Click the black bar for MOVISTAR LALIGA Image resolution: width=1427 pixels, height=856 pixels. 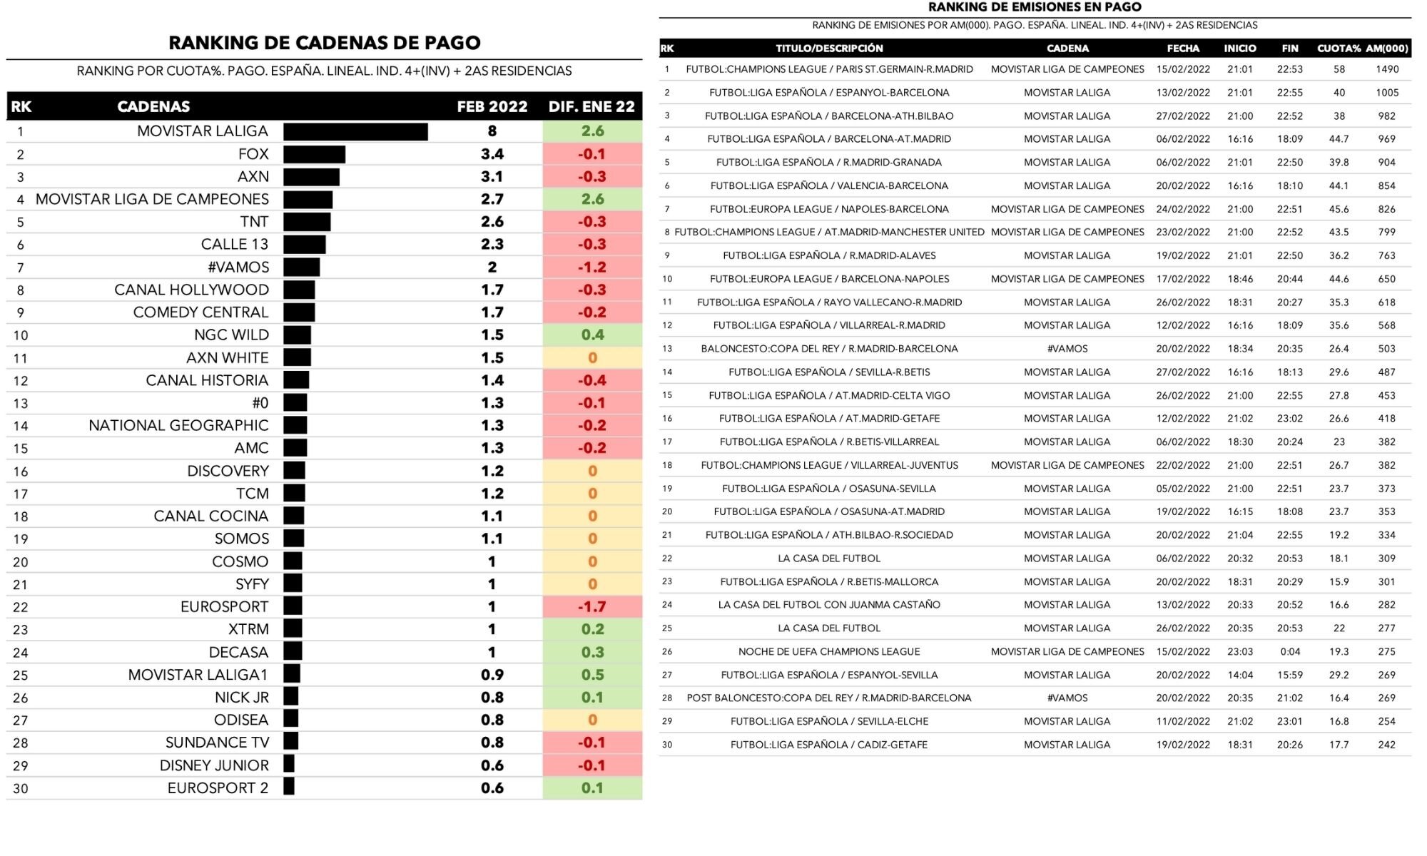pos(355,132)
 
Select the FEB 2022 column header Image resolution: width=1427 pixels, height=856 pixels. pos(492,107)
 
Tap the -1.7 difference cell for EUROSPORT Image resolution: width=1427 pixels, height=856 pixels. pos(592,607)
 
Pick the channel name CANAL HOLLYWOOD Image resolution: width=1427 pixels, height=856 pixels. pos(191,290)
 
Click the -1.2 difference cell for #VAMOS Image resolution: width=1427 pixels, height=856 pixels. pos(592,267)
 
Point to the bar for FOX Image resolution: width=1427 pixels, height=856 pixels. pos(314,155)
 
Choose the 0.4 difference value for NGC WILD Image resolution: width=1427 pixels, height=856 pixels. pos(592,335)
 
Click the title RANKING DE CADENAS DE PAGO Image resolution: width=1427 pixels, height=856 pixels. pos(325,43)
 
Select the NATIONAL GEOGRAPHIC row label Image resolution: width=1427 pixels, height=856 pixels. pos(178,426)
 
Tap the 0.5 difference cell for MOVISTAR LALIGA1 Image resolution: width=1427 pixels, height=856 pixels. pos(592,675)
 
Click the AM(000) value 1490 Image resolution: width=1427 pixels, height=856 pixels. pos(1387,69)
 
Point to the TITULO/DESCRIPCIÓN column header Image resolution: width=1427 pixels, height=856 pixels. pos(829,49)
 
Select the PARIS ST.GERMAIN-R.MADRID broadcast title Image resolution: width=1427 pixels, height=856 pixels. pos(829,69)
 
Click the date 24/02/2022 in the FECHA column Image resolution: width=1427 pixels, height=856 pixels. pos(1183,209)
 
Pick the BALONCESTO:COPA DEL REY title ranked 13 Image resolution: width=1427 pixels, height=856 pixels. pos(829,349)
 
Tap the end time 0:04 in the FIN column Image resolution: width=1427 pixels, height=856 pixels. pos(1290,651)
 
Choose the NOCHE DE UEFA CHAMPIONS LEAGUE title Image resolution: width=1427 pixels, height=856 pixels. pos(829,651)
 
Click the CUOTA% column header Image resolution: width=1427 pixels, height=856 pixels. pos(1339,49)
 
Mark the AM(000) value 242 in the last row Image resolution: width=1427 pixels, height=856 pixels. pos(1387,745)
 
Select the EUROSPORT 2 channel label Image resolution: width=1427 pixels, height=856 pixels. pos(218,788)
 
